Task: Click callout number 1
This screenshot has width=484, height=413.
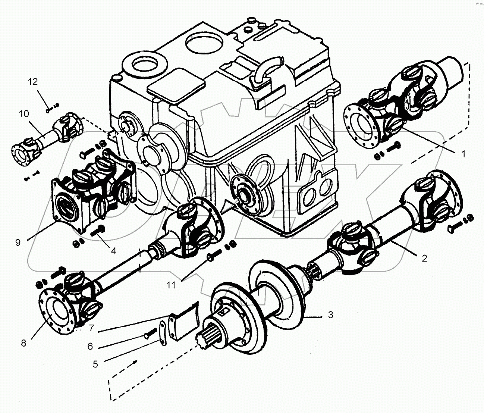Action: (463, 154)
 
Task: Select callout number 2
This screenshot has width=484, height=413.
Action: (424, 258)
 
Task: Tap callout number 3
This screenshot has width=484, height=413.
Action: (330, 315)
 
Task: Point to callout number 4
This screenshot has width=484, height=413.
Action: (113, 251)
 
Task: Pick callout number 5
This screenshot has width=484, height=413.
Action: (95, 364)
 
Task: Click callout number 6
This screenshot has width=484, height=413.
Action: (90, 346)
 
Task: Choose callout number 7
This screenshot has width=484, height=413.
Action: (92, 328)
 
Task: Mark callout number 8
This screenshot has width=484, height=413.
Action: (23, 343)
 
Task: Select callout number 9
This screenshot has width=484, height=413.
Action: (18, 242)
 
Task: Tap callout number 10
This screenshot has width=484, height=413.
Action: (24, 114)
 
